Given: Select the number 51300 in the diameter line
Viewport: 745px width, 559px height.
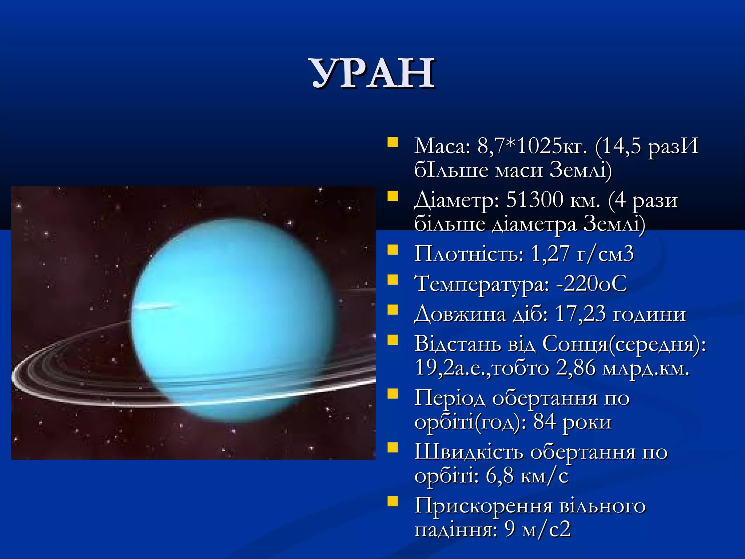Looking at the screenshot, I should tap(534, 200).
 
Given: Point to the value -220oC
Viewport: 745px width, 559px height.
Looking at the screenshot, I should tap(591, 284).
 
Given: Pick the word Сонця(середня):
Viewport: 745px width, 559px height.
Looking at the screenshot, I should tap(624, 344).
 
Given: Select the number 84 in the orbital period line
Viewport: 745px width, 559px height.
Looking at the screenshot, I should tap(545, 422).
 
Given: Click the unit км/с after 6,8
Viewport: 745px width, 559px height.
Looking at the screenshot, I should tap(544, 476).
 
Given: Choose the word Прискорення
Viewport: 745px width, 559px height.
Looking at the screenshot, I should tap(483, 506).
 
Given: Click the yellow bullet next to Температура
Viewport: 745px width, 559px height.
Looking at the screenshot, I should tap(393, 280).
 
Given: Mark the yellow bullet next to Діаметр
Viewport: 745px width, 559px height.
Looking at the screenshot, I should tap(393, 196).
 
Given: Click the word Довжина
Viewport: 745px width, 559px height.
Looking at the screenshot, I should tap(460, 314).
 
